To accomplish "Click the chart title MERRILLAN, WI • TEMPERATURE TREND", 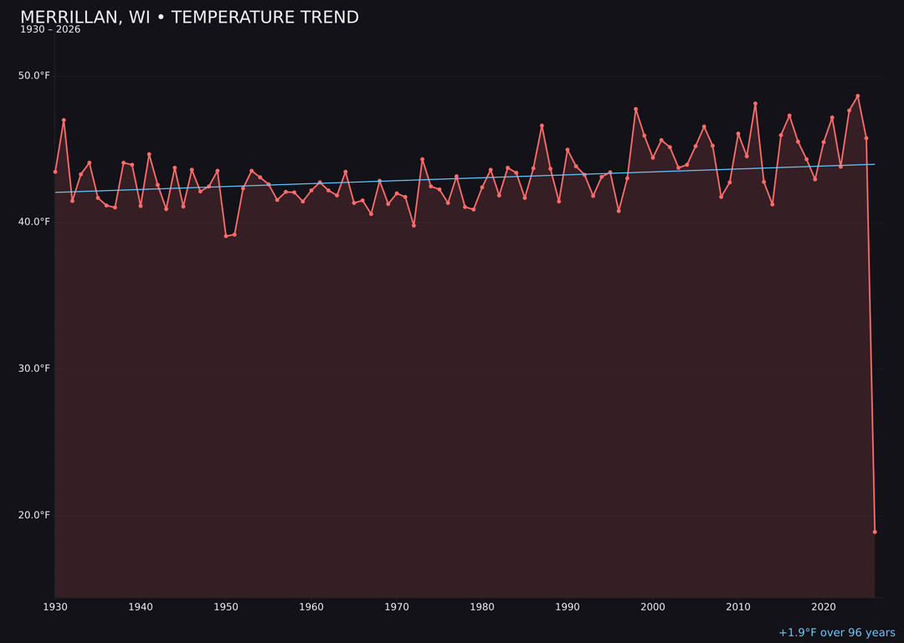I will tap(189, 18).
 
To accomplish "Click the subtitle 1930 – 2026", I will tap(50, 30).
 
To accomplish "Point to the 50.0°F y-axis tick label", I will tap(33, 76).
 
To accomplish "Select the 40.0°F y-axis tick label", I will tap(33, 222).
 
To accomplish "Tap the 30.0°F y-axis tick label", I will tap(33, 368).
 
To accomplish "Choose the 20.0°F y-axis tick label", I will tap(33, 515).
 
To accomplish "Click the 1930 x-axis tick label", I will tap(55, 606).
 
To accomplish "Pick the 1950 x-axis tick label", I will tap(226, 606).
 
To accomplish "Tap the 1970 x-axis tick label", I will tap(397, 606).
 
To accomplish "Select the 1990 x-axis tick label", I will tap(568, 606).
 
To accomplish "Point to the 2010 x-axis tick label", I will tap(738, 606).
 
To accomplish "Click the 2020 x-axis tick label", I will tap(824, 606).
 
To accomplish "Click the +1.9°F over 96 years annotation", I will tap(836, 633).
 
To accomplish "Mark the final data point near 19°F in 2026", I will tap(875, 532).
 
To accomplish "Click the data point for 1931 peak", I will tap(64, 121).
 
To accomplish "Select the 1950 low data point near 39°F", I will tap(226, 236).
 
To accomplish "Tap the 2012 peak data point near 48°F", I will tap(755, 104).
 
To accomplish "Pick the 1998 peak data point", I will tap(635, 109).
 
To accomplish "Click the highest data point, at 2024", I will tap(858, 96).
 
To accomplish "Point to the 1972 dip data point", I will tap(413, 225).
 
